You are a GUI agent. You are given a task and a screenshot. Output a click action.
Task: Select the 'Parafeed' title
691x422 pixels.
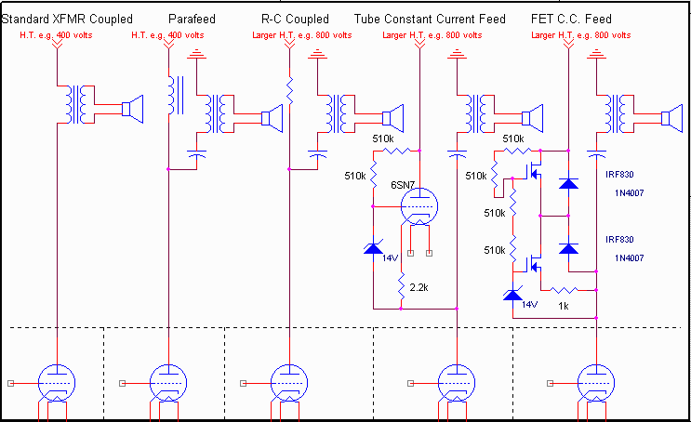point(193,20)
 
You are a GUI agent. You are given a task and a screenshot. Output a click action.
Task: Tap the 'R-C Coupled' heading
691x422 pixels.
point(296,20)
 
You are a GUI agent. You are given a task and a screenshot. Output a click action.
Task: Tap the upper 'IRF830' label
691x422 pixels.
point(623,174)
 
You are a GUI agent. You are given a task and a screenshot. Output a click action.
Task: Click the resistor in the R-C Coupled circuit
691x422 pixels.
point(290,90)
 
